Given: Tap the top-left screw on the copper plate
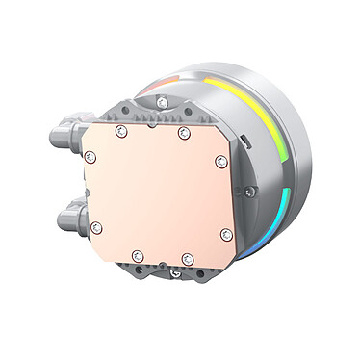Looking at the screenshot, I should [121, 130].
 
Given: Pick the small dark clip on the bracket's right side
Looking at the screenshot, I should [247, 144].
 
